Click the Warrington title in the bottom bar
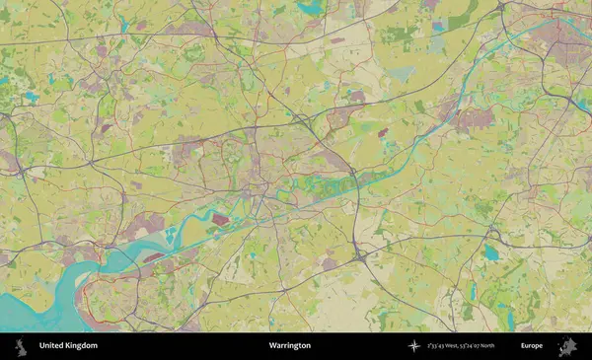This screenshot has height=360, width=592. click(x=289, y=345)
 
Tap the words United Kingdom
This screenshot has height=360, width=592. click(x=68, y=345)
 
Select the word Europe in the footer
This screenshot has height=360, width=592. click(x=532, y=345)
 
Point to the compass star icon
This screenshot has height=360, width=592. click(x=414, y=345)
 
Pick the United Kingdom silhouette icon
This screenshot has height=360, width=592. click(x=19, y=345)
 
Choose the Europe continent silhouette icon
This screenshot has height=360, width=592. click(x=566, y=345)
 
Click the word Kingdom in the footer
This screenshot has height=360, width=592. click(x=81, y=345)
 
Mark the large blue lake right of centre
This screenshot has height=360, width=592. click(x=490, y=252)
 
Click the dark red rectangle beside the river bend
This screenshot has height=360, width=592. click(x=219, y=219)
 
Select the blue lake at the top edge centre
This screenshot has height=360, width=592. click(x=311, y=8)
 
